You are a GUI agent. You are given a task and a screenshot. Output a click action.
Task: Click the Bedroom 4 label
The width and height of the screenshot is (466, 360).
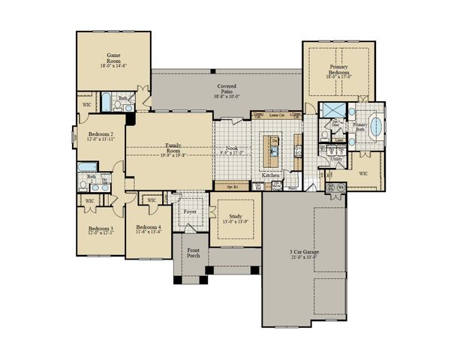(148, 228)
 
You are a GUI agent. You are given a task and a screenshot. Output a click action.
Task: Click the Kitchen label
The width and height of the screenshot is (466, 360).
(271, 175)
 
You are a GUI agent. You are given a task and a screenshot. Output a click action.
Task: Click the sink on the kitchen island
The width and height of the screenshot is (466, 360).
(275, 151)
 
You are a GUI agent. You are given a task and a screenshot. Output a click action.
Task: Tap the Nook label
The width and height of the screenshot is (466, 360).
(233, 149)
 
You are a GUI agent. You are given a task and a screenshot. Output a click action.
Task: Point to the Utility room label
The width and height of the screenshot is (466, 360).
(336, 159)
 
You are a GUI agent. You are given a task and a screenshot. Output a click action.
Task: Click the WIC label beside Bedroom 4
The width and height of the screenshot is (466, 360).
(151, 200)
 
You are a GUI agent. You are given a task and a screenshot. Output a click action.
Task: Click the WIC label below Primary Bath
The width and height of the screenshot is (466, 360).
(363, 173)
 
